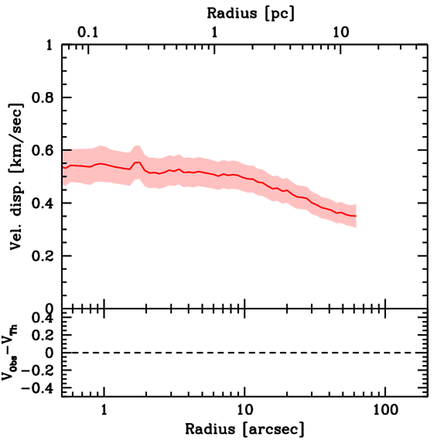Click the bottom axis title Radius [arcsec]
tap(245, 429)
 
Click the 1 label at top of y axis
tap(50, 45)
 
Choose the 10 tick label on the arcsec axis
tap(245, 409)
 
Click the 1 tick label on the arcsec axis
tap(104, 409)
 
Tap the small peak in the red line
tap(138, 162)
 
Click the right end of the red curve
tap(356, 216)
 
